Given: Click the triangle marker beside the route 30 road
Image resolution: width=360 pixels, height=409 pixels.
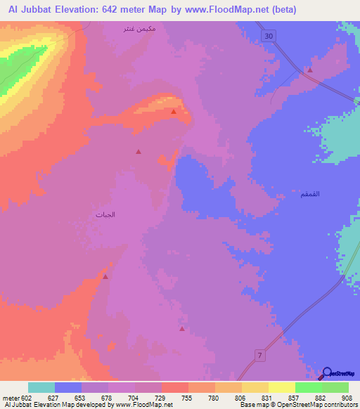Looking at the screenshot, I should point(309,70).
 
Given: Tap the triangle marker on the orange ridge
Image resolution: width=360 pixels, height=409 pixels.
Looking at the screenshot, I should point(173,111).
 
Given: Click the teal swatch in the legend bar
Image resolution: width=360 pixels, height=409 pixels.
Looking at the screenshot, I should point(41,387).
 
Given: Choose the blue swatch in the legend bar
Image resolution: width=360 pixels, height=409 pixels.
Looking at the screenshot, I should point(68,387).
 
